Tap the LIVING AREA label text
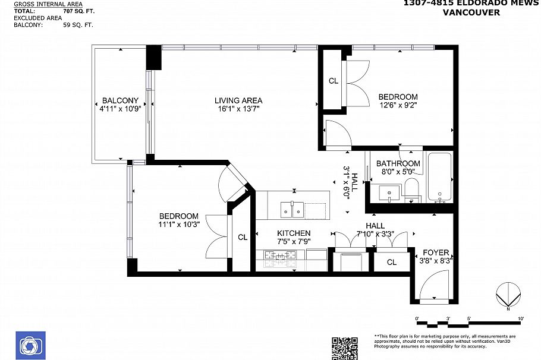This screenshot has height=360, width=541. pos(238,100)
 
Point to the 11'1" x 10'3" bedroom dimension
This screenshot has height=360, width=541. pos(178,225)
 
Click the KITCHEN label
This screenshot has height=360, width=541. pos(294,233)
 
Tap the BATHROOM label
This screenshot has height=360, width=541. pos(398,163)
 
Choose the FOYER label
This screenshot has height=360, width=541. pos(435,252)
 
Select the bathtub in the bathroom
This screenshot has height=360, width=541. pos(440,178)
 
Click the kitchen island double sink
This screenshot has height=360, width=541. pos(292,210)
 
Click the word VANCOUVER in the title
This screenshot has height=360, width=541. pos(471,12)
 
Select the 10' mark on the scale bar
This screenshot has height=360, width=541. pos(521,320)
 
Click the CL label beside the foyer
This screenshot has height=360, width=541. pos(392,262)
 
